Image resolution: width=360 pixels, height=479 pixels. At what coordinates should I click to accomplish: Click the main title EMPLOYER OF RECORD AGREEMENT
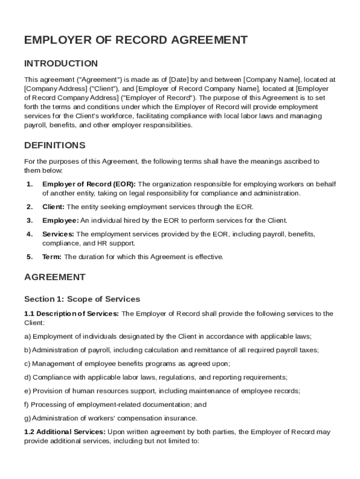click(x=136, y=40)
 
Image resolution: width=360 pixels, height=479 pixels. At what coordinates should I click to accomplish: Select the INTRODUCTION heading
click(x=61, y=64)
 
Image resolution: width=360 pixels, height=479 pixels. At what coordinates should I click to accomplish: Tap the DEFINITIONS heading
click(x=55, y=145)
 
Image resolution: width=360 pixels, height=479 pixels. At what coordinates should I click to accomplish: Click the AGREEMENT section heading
click(x=55, y=277)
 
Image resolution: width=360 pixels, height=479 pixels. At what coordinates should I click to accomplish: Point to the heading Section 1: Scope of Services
click(x=82, y=299)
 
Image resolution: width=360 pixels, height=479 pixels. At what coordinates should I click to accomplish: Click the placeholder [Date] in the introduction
click(x=179, y=80)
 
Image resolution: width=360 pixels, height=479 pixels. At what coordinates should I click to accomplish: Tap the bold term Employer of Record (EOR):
click(x=89, y=184)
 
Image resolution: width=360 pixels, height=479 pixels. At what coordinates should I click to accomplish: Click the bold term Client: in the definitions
click(x=53, y=207)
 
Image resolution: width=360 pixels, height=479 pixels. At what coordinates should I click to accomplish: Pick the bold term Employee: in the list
click(x=60, y=220)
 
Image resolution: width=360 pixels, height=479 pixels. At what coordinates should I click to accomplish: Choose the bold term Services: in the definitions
click(x=58, y=234)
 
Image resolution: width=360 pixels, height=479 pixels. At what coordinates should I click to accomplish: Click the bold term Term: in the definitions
click(x=52, y=257)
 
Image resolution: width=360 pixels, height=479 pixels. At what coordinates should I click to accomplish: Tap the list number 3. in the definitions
click(x=29, y=220)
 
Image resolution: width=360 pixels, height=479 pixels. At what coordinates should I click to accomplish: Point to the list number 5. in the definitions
click(x=29, y=257)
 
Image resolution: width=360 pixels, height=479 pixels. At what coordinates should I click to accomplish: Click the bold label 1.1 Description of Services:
click(x=72, y=313)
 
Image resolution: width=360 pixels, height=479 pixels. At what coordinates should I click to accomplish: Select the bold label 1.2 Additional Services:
click(x=65, y=432)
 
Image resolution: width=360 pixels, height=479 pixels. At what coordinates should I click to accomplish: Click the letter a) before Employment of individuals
click(x=27, y=336)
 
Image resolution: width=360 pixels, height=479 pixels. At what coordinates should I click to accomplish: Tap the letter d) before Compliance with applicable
click(x=28, y=377)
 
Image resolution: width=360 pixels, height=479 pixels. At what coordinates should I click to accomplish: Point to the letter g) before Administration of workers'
click(x=28, y=418)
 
